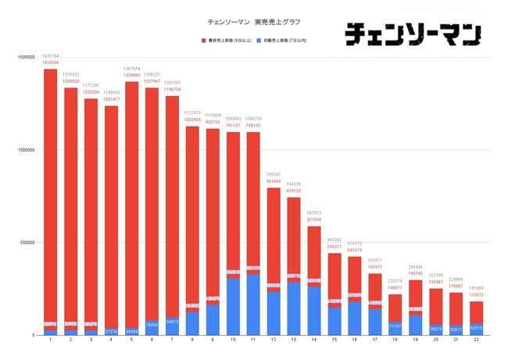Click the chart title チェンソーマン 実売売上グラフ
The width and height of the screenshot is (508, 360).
click(253, 21)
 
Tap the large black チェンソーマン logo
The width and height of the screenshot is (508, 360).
click(413, 32)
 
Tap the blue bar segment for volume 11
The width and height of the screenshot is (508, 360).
click(252, 305)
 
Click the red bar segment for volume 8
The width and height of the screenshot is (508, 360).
click(191, 211)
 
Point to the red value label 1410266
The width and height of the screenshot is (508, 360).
click(50, 62)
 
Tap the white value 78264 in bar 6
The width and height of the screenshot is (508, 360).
click(152, 324)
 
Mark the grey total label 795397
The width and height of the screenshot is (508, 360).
click(273, 174)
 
